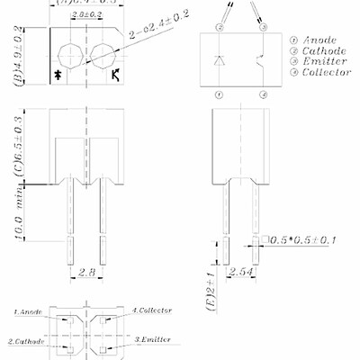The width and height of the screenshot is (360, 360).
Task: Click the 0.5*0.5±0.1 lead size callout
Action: click(304, 240)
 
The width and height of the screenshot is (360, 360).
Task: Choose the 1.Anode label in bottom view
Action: click(27, 310)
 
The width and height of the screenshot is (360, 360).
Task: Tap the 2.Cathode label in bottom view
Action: click(27, 341)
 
